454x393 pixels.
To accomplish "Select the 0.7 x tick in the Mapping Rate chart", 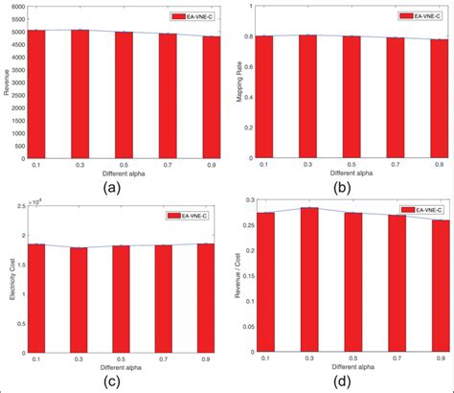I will point(394,165).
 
